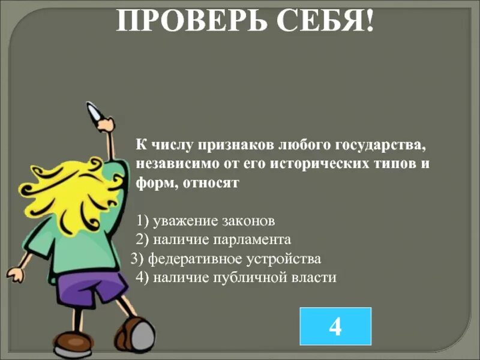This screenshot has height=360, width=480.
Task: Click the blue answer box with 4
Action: tap(335, 326)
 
